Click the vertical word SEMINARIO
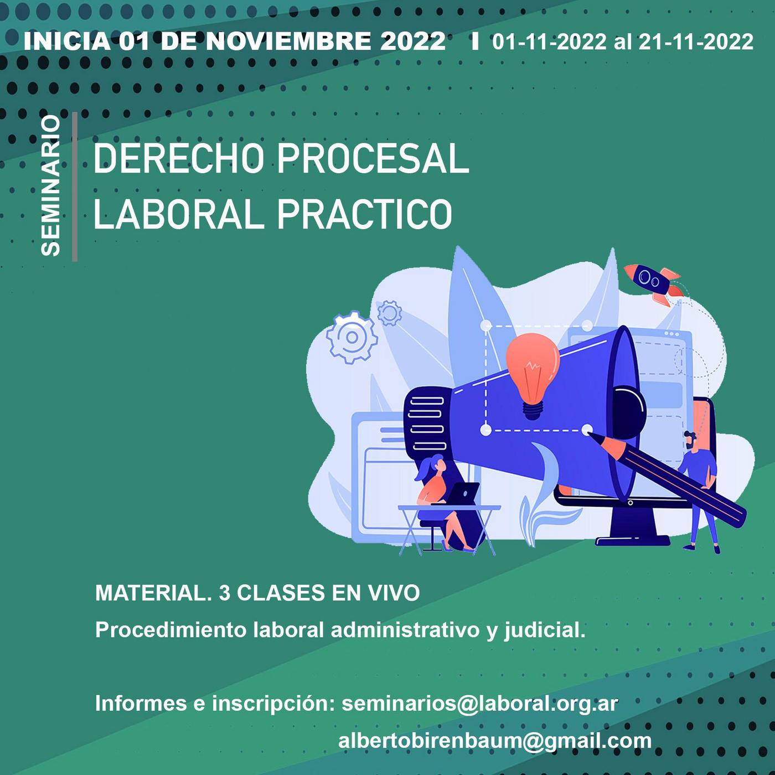[51, 185]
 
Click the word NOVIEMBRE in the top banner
[288, 42]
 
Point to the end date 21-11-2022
[695, 42]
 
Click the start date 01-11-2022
[549, 42]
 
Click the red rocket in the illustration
[652, 283]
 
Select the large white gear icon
[352, 337]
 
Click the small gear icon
[389, 313]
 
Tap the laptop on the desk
[462, 493]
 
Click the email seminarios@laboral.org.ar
[480, 703]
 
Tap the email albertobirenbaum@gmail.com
[495, 741]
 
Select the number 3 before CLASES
[224, 593]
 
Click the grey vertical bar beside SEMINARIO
[75, 187]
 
